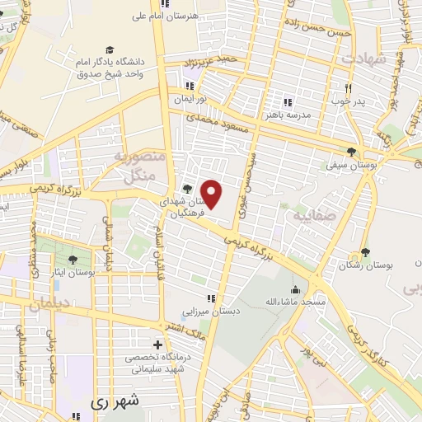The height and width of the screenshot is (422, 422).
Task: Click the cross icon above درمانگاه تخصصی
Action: coord(157,344)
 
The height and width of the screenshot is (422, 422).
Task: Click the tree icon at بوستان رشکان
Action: coord(364,253)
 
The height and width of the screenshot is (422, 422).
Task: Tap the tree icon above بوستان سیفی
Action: coord(353,151)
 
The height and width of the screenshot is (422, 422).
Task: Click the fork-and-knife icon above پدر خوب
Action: coord(349,89)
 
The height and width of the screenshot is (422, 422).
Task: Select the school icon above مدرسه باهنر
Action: coord(288,103)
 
